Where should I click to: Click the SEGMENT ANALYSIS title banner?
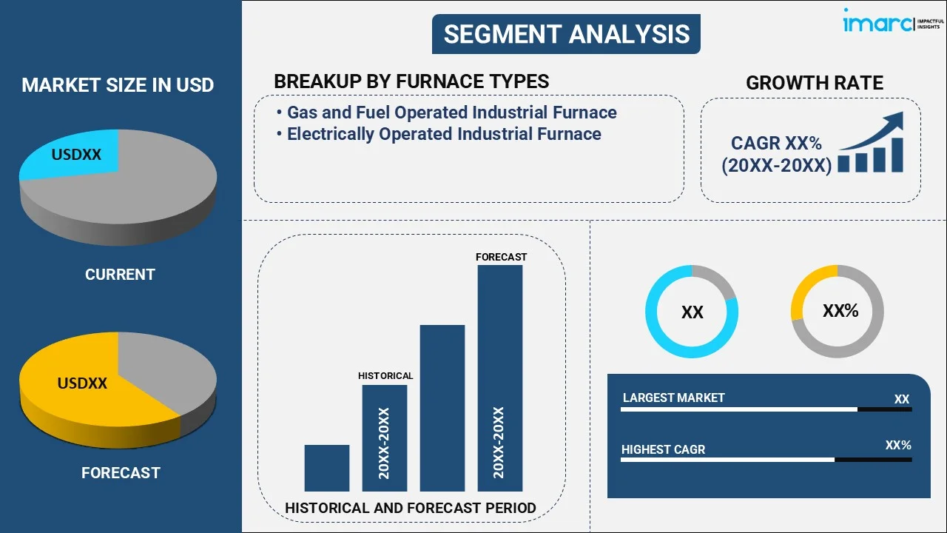[566, 34]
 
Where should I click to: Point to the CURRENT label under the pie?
[120, 275]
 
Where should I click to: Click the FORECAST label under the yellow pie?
[121, 472]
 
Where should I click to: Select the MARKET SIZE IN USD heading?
[118, 85]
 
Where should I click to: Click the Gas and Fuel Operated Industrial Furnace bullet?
[451, 113]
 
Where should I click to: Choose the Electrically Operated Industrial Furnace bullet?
[444, 134]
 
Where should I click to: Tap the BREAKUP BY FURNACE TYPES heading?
[411, 81]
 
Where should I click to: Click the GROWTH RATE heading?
[814, 83]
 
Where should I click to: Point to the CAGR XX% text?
[776, 144]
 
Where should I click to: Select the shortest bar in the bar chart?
[326, 468]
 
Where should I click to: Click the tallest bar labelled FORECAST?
[500, 378]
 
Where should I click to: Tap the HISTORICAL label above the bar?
[385, 376]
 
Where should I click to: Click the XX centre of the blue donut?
[692, 312]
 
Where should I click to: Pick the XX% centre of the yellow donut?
[840, 311]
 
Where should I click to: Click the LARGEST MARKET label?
[673, 398]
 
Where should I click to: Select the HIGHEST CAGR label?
[663, 449]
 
